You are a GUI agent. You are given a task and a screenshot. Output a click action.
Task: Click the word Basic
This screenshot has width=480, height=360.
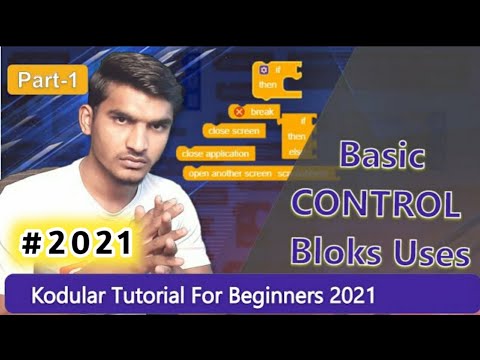382,157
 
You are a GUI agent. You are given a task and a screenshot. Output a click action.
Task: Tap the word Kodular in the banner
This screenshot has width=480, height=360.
72,296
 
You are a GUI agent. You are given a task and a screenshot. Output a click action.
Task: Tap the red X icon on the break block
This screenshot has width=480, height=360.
239,111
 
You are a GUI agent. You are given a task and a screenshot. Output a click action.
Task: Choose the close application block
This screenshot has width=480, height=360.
216,153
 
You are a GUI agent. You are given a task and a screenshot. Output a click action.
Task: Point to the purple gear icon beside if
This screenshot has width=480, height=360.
262,69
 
